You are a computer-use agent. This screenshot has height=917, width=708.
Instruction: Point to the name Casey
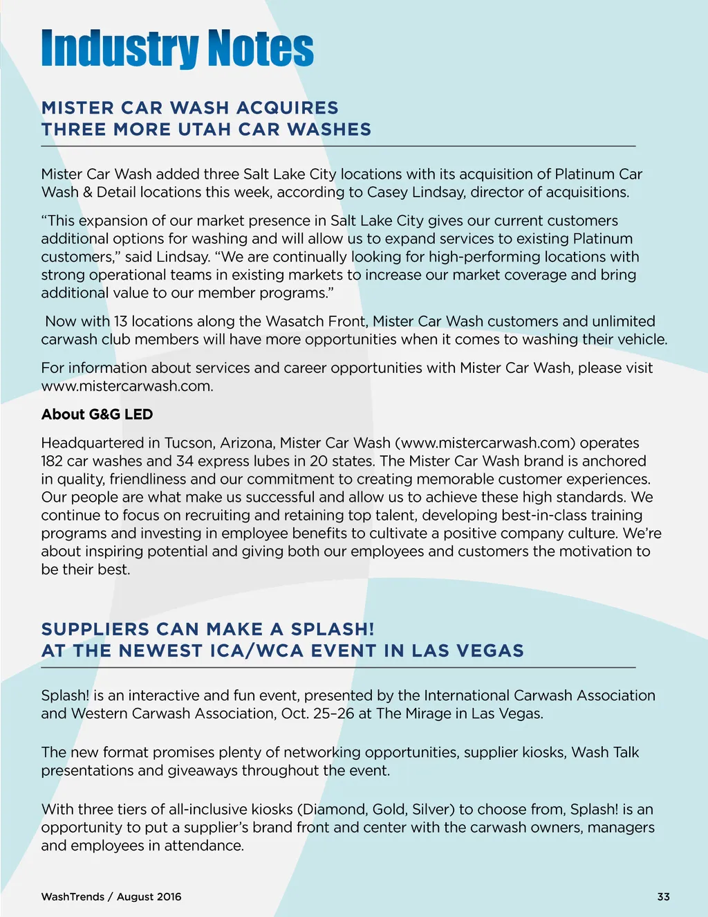point(388,192)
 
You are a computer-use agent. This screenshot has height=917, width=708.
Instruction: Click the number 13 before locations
point(121,321)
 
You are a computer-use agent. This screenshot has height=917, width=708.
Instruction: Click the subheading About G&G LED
point(97,415)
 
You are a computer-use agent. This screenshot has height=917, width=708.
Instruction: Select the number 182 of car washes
point(52,461)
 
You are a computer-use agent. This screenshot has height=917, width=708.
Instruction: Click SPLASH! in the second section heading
point(333,629)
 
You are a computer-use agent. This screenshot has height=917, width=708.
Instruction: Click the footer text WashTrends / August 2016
point(111,897)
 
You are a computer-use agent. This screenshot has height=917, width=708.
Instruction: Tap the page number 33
point(663,897)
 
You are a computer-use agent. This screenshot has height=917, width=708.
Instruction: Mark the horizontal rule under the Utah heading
point(338,147)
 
